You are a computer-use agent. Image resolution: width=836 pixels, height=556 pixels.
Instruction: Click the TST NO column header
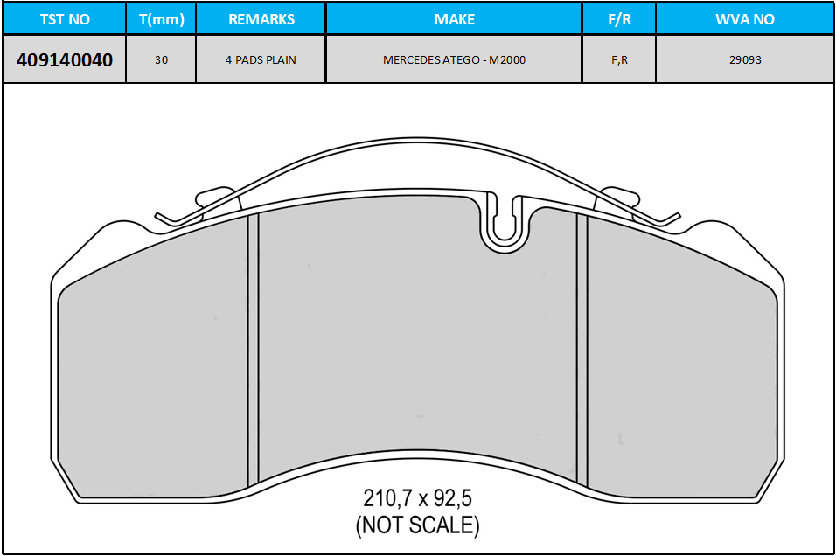[65, 19]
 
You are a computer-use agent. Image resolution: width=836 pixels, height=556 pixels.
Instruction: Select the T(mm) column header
[161, 19]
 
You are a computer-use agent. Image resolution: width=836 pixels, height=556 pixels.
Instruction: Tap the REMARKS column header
[261, 19]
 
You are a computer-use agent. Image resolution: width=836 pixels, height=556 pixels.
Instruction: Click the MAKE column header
[454, 19]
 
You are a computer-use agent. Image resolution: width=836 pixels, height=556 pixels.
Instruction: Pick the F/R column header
[618, 19]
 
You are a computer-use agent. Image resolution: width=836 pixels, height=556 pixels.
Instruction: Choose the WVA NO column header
[744, 19]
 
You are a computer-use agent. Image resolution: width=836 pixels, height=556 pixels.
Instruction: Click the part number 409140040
[65, 60]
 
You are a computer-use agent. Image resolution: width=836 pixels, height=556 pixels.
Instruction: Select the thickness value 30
[161, 60]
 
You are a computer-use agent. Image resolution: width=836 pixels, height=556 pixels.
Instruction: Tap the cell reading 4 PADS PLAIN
[261, 60]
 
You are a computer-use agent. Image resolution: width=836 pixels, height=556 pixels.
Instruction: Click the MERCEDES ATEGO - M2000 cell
[454, 60]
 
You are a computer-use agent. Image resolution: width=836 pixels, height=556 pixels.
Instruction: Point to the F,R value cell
[618, 60]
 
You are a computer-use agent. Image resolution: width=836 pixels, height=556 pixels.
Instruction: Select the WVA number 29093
[744, 60]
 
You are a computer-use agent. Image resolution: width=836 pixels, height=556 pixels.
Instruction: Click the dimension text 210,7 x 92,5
[417, 498]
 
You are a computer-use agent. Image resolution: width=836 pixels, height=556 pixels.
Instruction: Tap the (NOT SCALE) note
[417, 525]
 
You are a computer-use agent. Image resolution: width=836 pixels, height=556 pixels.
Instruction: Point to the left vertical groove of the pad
[254, 350]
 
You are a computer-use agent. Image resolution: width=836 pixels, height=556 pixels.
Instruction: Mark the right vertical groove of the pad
[582, 350]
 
